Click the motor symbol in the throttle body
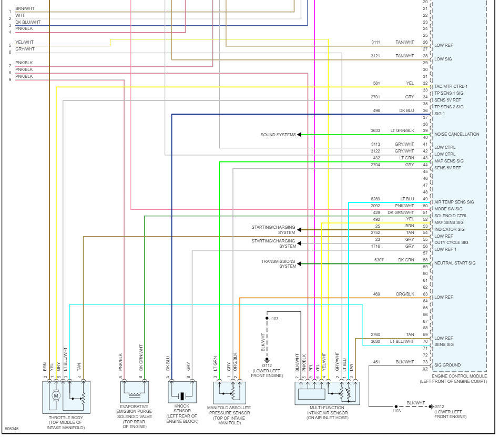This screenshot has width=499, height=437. click(x=56, y=395)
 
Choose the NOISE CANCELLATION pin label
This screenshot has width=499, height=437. click(x=456, y=134)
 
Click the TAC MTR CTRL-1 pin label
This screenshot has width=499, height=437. click(x=451, y=86)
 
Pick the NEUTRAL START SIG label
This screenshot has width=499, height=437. click(x=455, y=263)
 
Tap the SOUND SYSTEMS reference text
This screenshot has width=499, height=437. click(x=278, y=135)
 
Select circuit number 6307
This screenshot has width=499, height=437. click(x=379, y=260)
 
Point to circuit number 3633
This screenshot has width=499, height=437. click(x=375, y=130)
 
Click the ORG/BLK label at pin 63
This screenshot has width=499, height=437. click(x=404, y=294)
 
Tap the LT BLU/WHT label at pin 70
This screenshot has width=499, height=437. click(x=402, y=341)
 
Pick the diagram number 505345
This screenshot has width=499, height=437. click(x=12, y=429)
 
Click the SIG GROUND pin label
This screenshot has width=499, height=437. click(x=447, y=365)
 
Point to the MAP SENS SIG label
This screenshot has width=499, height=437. click(x=449, y=161)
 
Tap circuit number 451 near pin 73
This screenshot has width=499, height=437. click(x=376, y=362)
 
